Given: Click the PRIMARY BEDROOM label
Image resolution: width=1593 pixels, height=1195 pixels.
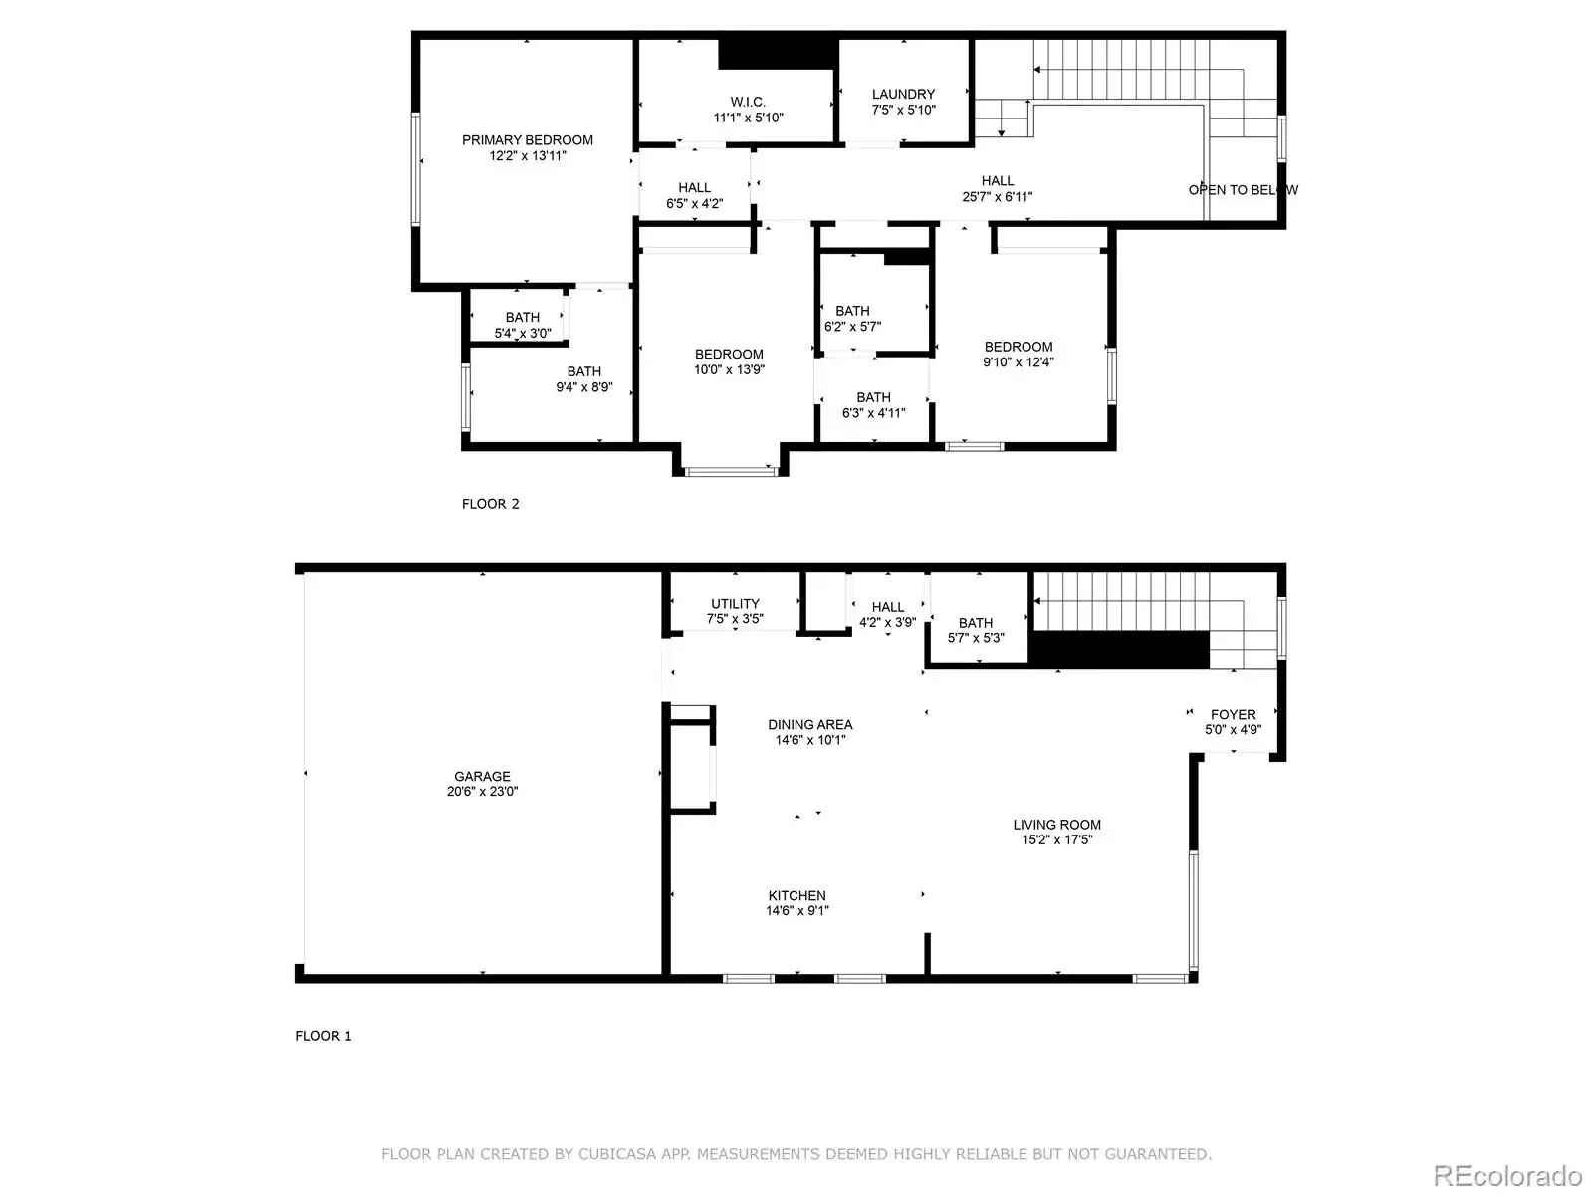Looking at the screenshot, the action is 527,140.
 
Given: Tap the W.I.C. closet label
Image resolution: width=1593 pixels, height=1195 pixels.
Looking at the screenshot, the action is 748,102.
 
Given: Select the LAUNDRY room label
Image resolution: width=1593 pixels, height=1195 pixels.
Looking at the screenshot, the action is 903,95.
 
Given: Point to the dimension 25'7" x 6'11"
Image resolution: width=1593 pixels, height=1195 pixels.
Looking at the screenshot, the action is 997,196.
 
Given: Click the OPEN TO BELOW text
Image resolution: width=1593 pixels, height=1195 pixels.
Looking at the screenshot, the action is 1243,190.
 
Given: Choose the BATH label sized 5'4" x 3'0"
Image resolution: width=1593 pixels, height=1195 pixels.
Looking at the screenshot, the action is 522,317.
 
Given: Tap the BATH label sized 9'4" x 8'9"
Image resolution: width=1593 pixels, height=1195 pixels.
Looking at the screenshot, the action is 583,371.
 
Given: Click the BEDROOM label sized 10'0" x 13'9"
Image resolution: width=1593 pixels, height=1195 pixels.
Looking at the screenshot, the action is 729,355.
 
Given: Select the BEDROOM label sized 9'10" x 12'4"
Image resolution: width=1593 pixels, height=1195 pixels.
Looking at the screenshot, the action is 1019,347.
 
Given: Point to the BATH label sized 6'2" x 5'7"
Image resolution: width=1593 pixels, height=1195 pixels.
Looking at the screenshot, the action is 852,311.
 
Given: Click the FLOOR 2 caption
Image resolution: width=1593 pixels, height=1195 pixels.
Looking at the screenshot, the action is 490,504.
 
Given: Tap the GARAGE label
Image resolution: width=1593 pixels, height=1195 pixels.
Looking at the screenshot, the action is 482,776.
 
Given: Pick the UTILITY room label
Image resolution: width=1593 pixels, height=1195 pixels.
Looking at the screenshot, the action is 735,603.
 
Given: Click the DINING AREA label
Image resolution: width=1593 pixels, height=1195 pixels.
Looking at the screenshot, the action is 809,724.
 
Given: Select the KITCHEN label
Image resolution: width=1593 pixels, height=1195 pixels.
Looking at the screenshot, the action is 796,895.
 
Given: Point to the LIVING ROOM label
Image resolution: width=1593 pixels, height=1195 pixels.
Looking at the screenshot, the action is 1056,825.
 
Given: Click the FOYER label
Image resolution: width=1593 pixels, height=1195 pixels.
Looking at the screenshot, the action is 1233,715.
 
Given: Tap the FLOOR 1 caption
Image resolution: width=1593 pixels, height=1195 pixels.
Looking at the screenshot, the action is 323,1036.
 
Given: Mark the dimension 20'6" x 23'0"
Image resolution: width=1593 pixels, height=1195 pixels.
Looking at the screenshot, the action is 482,791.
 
